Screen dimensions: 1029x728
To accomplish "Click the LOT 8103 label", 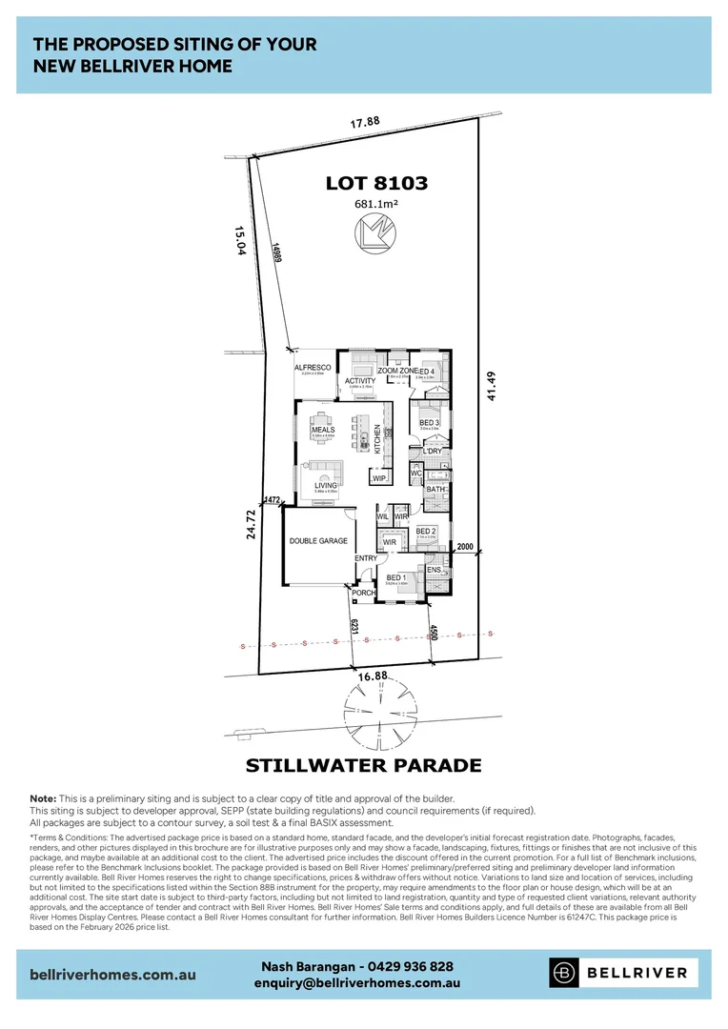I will coord(376,183).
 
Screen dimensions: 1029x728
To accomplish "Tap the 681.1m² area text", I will coord(376,203).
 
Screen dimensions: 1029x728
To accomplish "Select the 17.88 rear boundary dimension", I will coord(365,122).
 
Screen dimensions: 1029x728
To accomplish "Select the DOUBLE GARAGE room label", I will coord(318,541).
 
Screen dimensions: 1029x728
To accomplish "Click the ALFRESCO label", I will coord(313,367).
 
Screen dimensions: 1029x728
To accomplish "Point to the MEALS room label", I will coord(323,430).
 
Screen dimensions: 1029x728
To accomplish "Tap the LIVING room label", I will coord(326,485).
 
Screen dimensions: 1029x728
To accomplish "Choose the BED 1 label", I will coord(396,577).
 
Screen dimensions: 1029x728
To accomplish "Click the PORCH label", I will coord(363,593).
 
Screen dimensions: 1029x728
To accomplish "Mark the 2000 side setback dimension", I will coord(465,547).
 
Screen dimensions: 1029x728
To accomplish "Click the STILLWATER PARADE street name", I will coord(363,765).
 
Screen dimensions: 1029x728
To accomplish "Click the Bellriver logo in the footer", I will coord(624,973).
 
